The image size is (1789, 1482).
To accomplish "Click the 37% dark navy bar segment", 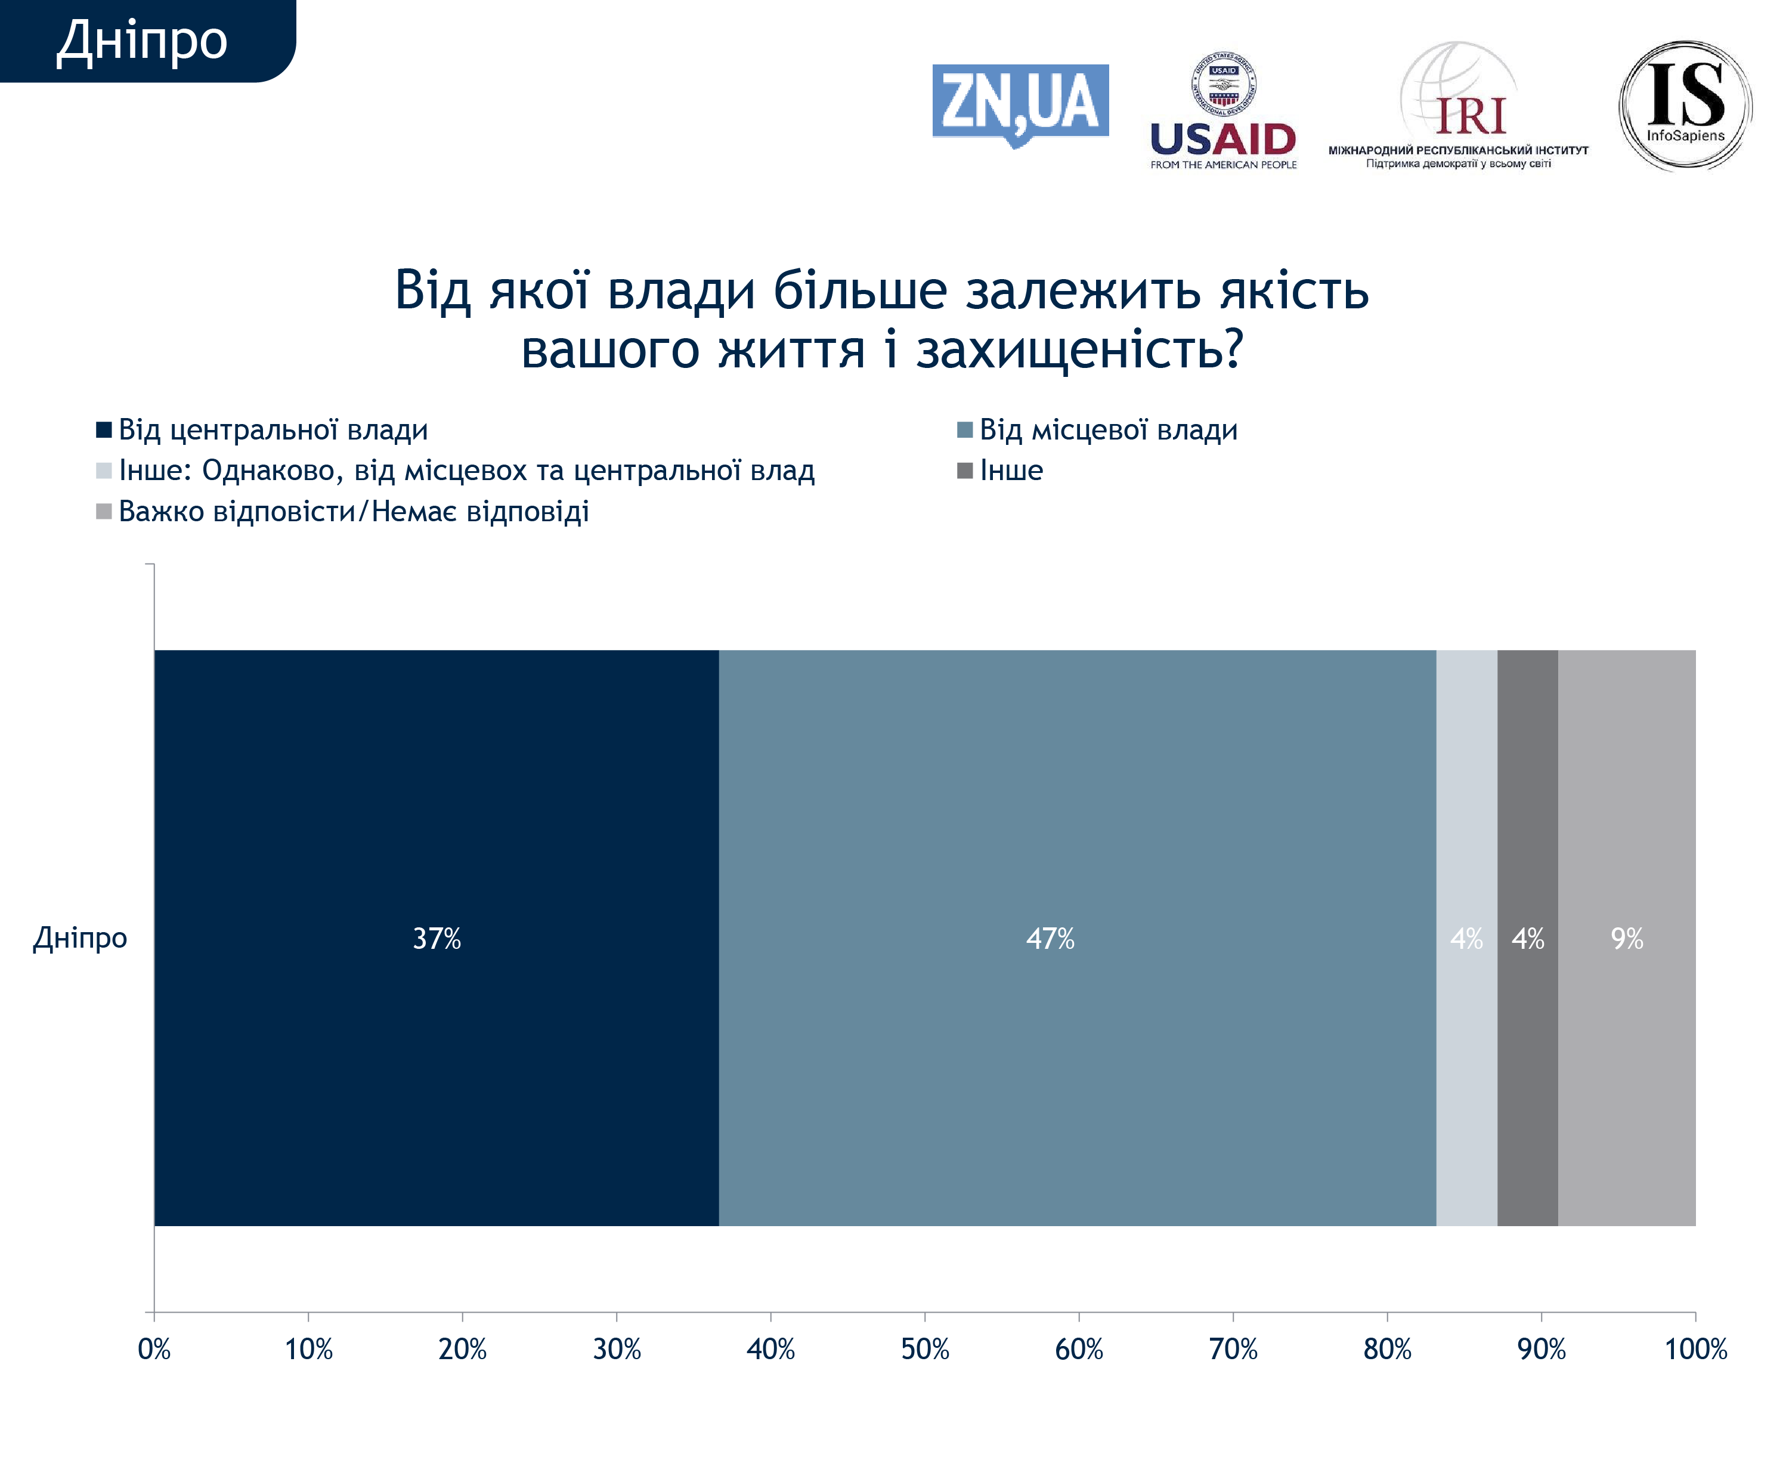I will point(436,938).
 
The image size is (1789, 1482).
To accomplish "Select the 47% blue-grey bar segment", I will point(1077,938).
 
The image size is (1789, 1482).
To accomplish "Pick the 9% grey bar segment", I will point(1626,938).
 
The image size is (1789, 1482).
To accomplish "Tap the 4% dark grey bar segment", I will point(1527,938).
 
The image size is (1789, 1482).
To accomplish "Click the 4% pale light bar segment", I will point(1466,938).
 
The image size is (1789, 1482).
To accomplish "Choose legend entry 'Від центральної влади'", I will point(273,429).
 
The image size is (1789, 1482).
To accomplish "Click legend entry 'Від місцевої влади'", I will point(1107,429).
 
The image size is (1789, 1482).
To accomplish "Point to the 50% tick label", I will point(925,1349).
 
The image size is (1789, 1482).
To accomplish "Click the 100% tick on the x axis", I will point(1695,1349).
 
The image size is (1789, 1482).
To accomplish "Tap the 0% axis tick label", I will point(154,1349).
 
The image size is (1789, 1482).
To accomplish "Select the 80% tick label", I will point(1387,1349).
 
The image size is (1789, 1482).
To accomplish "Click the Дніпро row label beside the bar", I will point(80,938).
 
